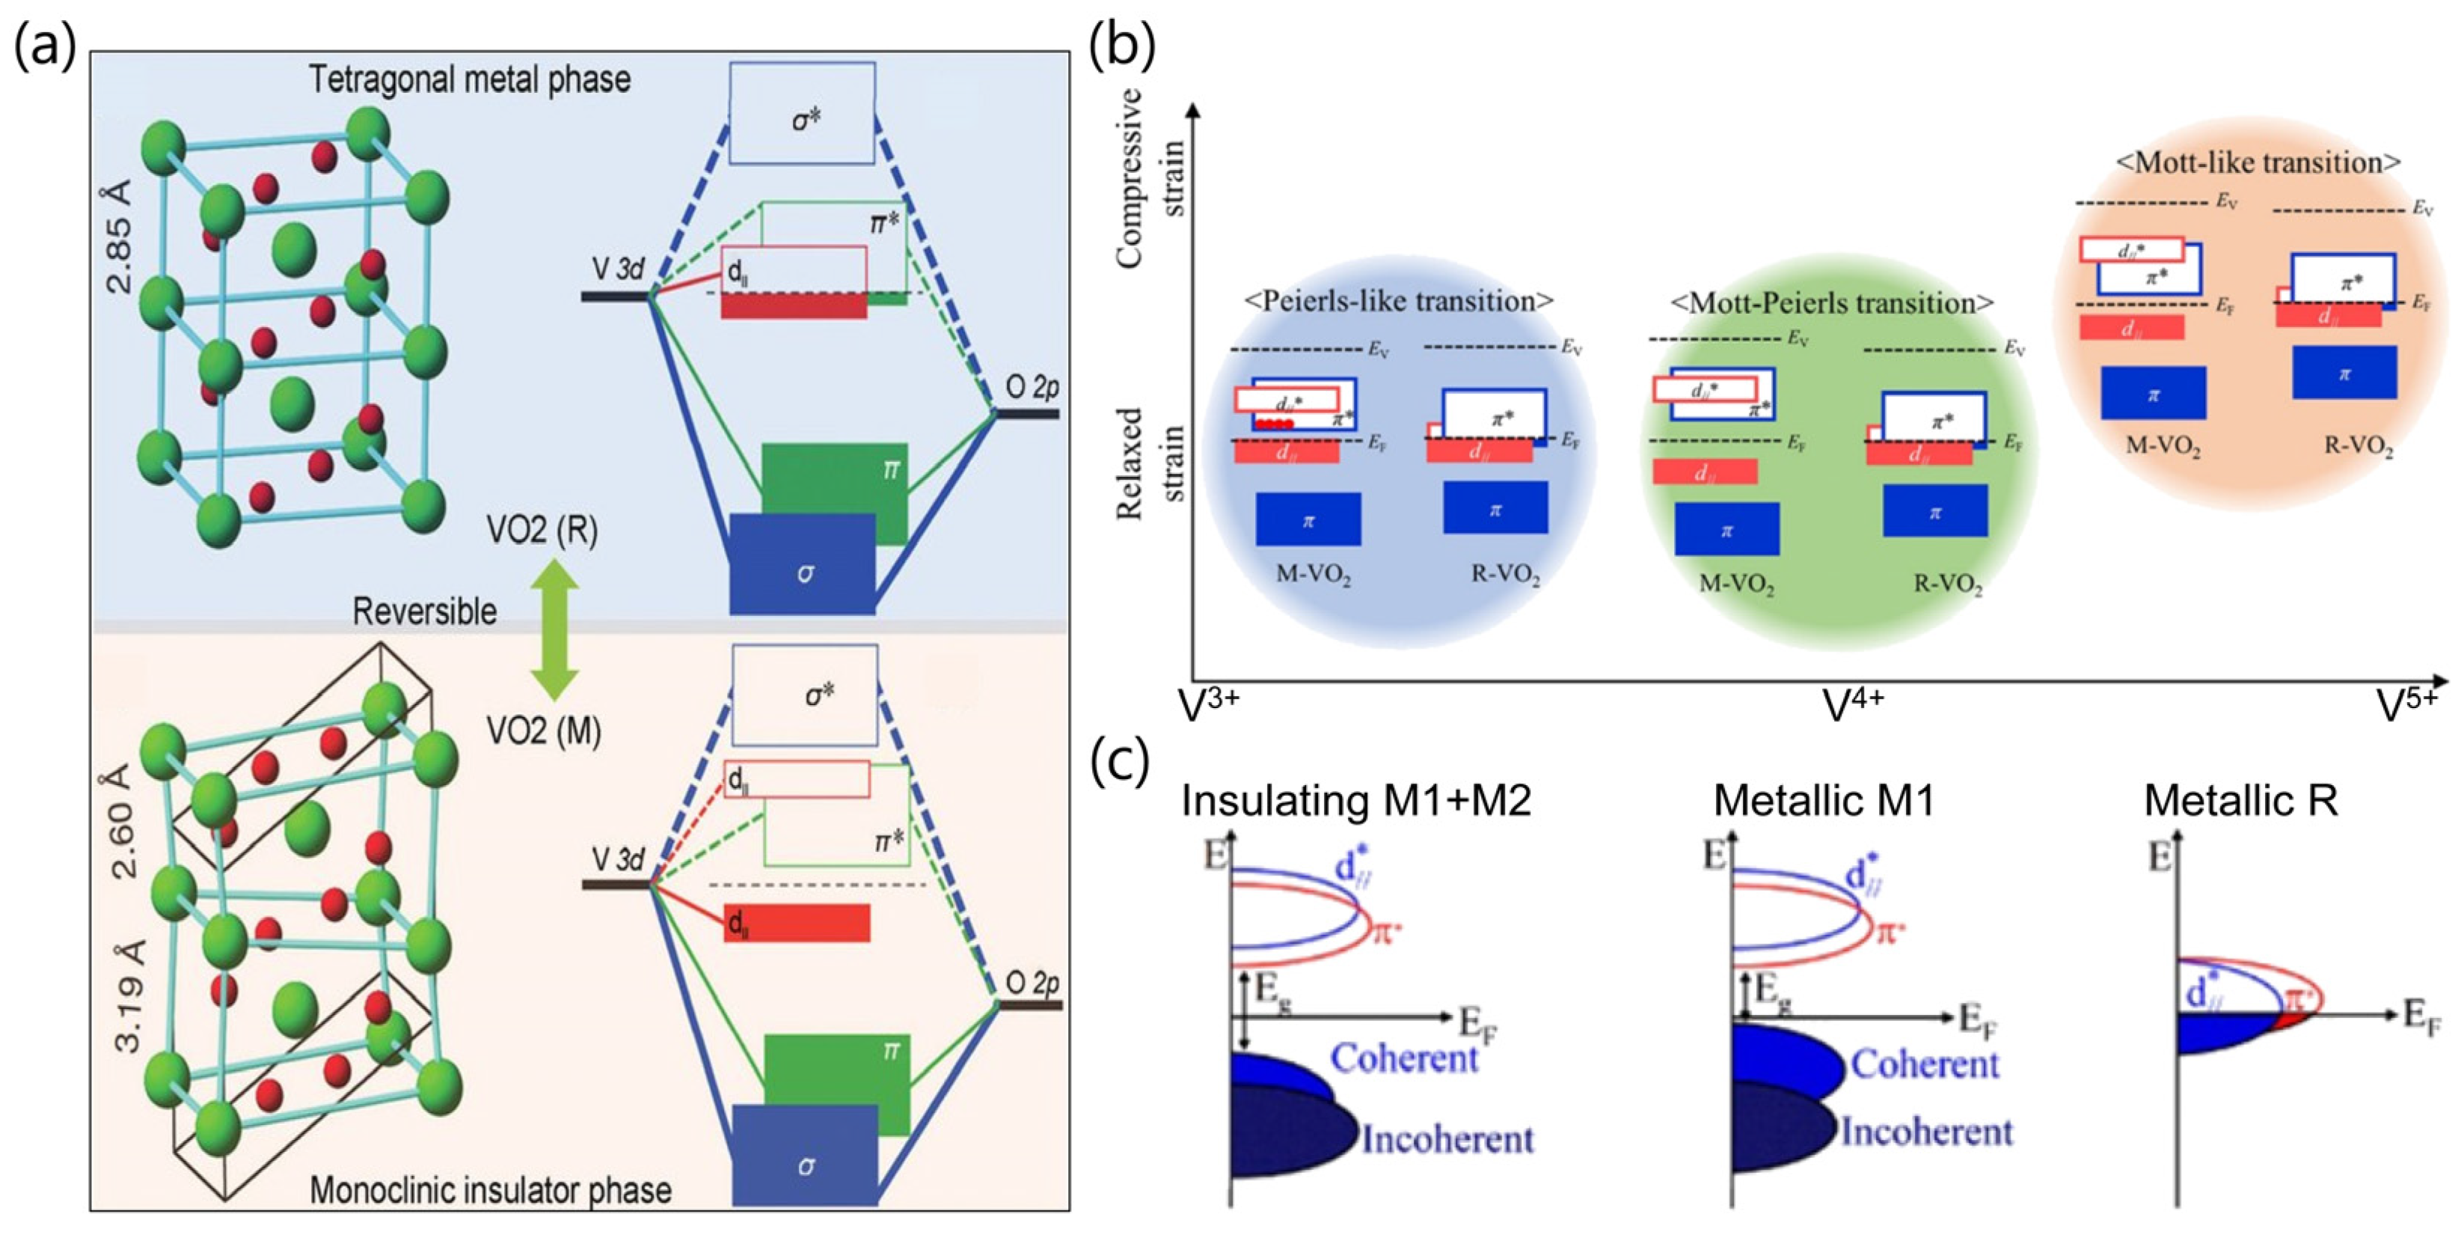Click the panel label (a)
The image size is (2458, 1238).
[x=45, y=46]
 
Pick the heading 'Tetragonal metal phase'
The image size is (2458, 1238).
[x=470, y=79]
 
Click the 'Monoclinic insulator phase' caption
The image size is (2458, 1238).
[x=491, y=1189]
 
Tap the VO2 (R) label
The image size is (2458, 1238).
[x=542, y=531]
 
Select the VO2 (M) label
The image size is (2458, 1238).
[x=544, y=731]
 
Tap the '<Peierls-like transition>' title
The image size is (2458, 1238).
[x=1399, y=301]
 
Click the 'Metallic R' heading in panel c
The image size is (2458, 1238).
[x=2240, y=800]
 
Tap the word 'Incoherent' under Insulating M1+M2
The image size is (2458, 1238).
[x=1447, y=1138]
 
